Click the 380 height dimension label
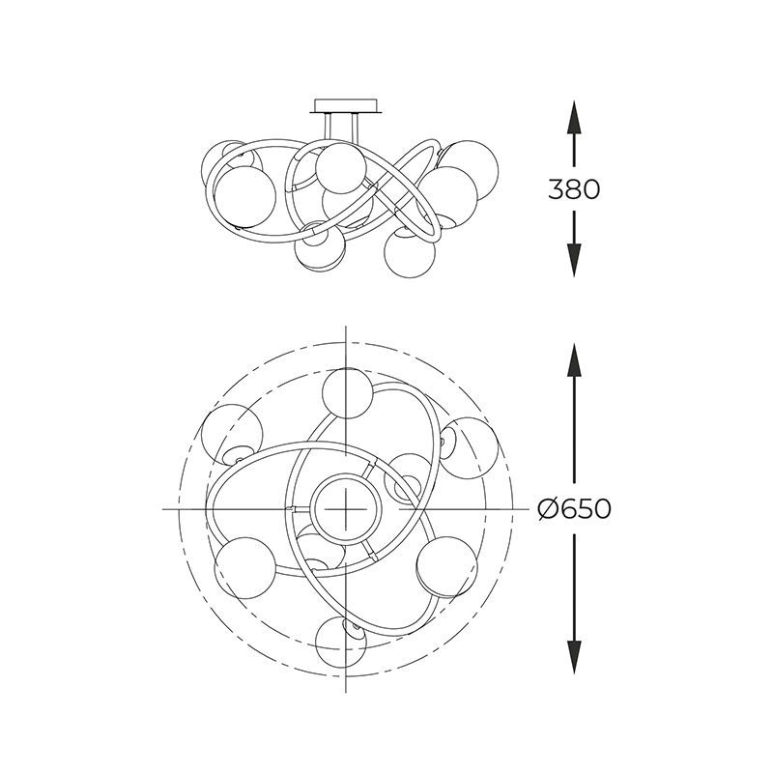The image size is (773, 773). click(x=574, y=188)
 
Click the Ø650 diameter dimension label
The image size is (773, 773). click(x=574, y=508)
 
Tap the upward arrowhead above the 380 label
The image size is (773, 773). click(x=574, y=117)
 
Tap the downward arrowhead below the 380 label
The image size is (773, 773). click(x=574, y=260)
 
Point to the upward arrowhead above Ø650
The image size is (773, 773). click(x=574, y=359)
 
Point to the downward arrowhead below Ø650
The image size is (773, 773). click(x=574, y=657)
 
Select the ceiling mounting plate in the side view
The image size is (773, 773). click(x=347, y=106)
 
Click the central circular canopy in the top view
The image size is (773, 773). click(x=346, y=509)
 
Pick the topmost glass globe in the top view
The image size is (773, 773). click(x=348, y=393)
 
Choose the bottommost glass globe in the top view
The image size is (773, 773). click(x=342, y=642)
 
